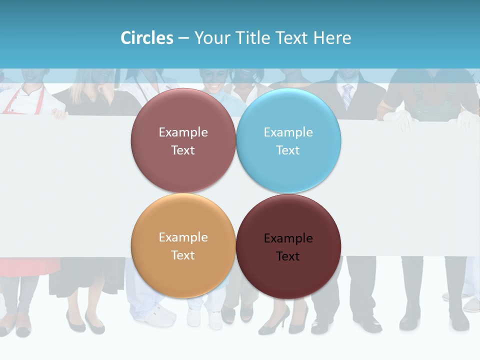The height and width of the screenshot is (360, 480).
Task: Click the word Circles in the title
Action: [x=147, y=38]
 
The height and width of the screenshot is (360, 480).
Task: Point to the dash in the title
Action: [x=183, y=38]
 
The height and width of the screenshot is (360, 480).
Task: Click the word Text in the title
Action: [x=292, y=38]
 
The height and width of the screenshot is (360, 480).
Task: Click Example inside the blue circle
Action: [x=288, y=132]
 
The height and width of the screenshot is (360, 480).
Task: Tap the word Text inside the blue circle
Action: [x=288, y=150]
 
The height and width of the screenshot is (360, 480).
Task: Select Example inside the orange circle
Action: [x=183, y=237]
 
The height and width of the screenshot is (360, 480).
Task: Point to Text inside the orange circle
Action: [x=183, y=255]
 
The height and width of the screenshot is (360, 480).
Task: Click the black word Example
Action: [x=288, y=238]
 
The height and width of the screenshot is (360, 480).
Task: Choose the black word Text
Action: [x=288, y=256]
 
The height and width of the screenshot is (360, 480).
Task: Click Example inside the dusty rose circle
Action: [x=183, y=132]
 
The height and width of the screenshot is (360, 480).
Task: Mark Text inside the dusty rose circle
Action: [x=183, y=150]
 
